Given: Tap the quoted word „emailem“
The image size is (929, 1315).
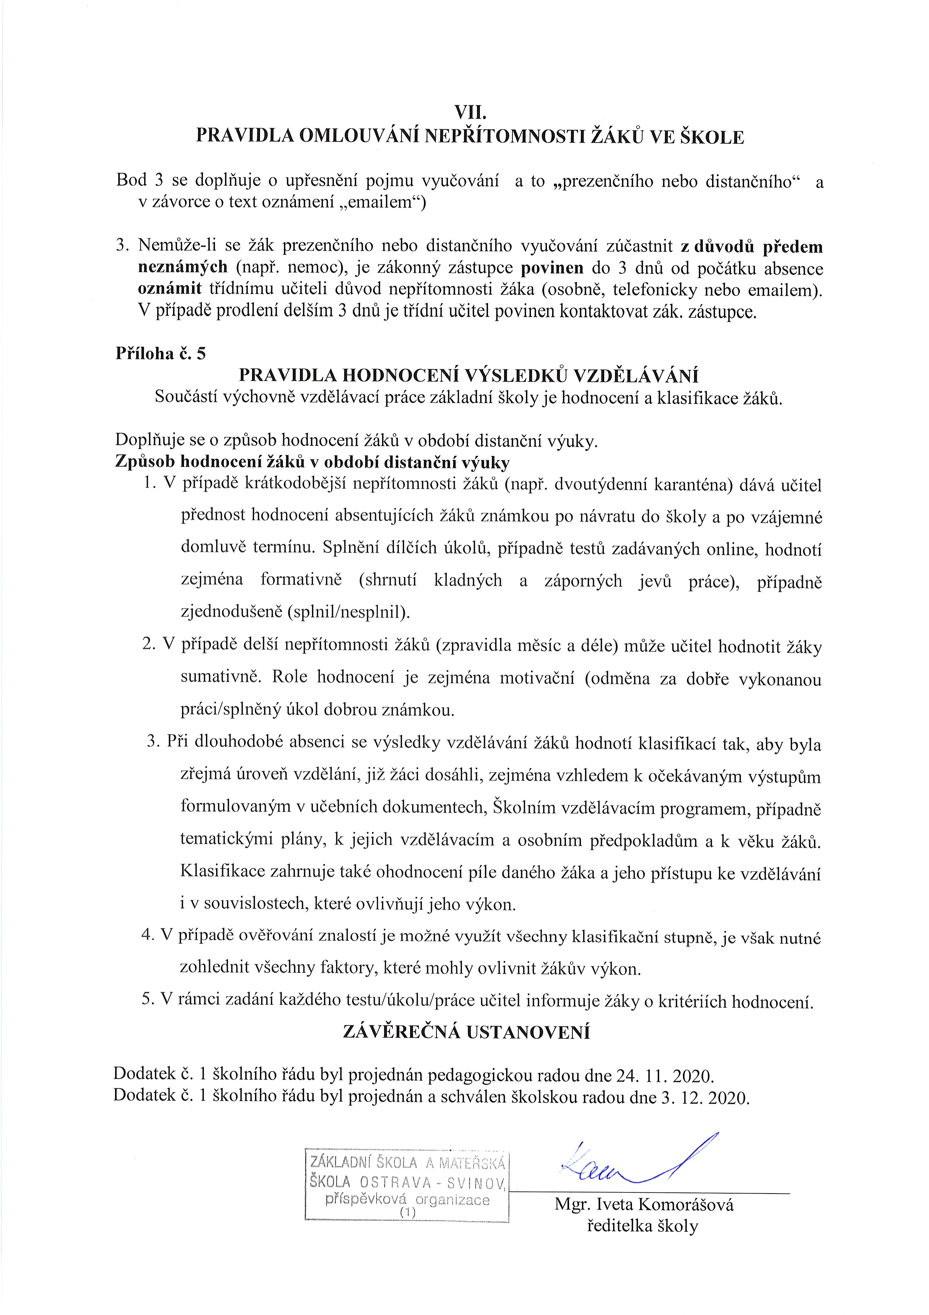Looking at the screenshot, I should pyautogui.click(x=376, y=203).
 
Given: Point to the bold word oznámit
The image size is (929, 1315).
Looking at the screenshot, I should pyautogui.click(x=174, y=290).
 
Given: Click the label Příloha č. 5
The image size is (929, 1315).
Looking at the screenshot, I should pyautogui.click(x=160, y=353).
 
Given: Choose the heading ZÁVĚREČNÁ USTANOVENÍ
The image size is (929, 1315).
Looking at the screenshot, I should pyautogui.click(x=466, y=1032).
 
